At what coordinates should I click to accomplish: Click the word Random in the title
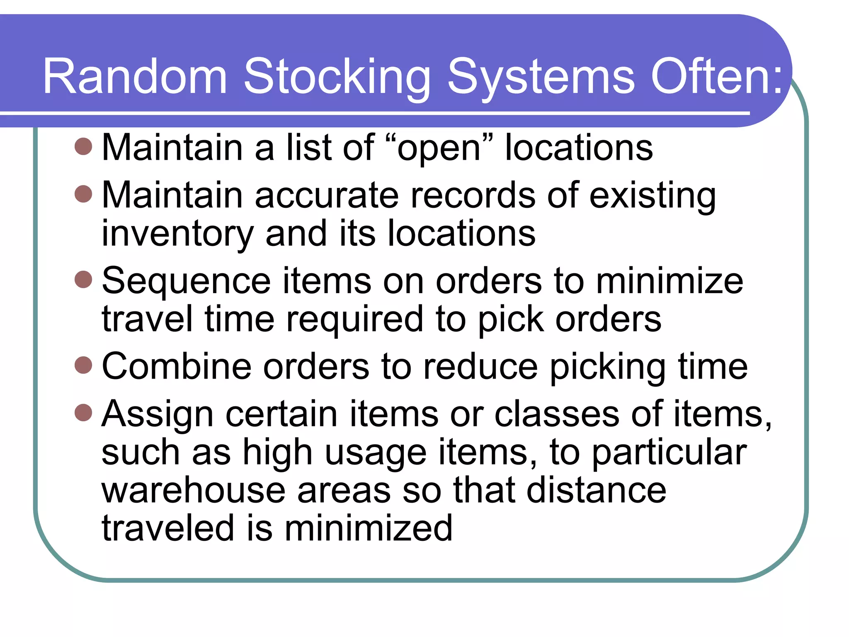135,77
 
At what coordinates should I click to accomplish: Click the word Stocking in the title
337,77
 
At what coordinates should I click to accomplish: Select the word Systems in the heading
541,77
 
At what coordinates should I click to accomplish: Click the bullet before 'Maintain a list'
83,146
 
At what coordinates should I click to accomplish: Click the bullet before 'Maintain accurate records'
83,194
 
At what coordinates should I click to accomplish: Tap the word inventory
177,234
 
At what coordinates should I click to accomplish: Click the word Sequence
186,281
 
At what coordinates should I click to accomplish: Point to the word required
354,319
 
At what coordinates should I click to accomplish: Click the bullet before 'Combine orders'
83,365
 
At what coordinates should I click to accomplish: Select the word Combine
177,367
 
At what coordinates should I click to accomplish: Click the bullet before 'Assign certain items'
83,412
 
